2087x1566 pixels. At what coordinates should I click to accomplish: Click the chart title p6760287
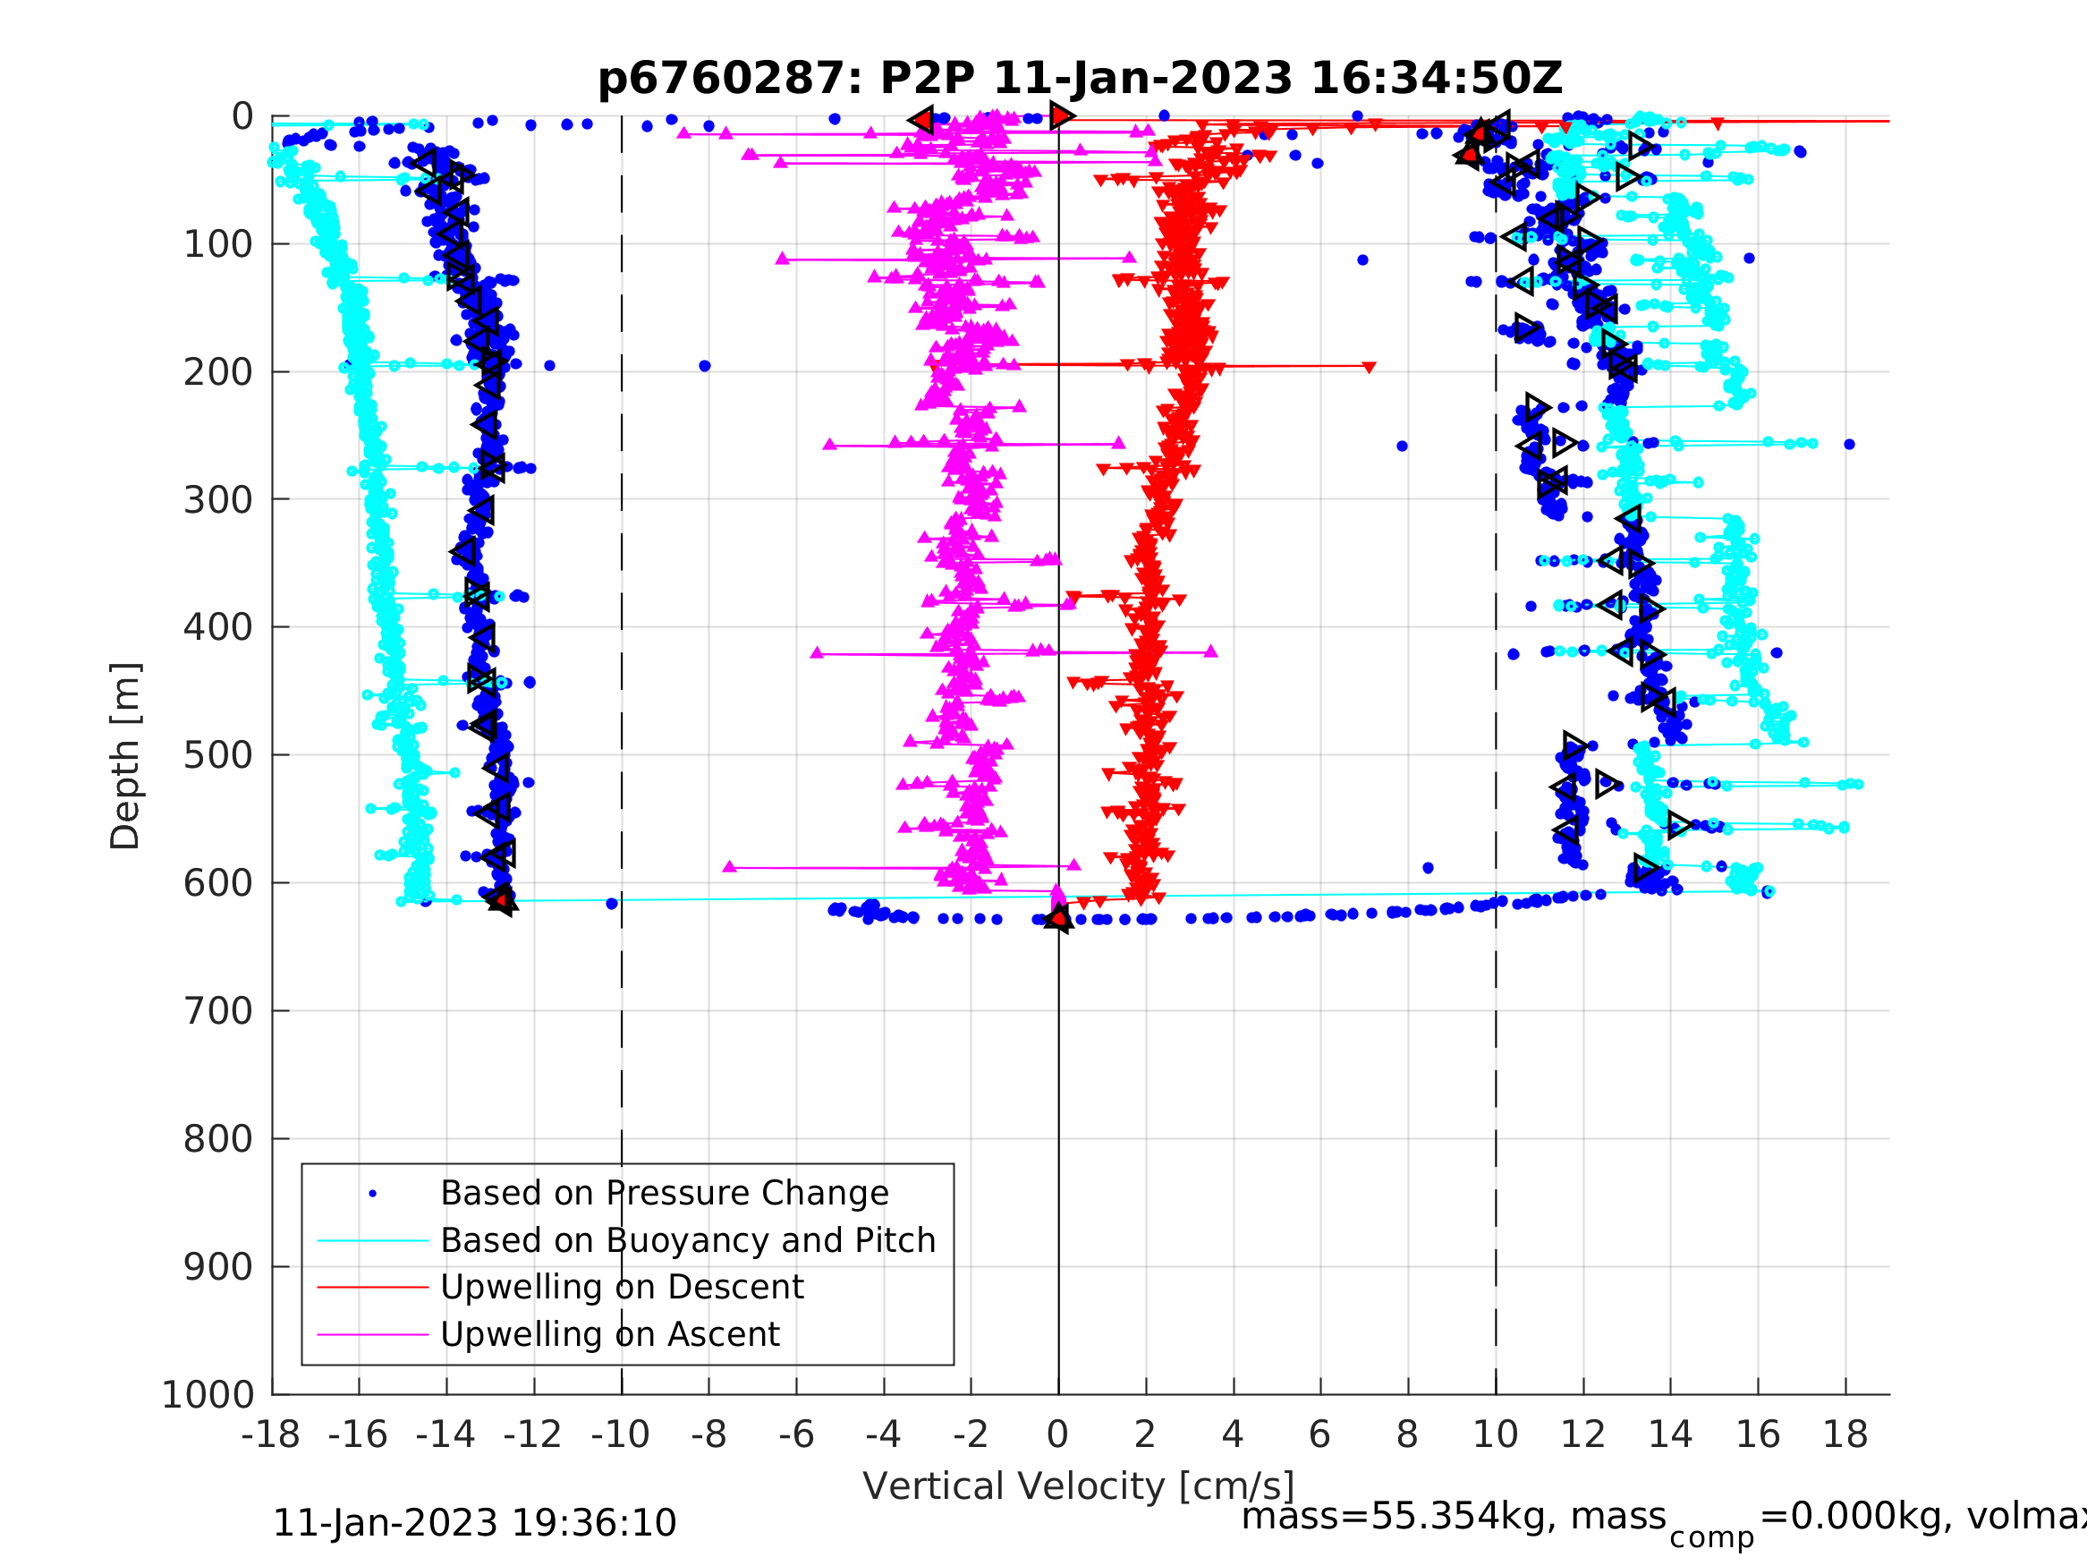tap(1081, 79)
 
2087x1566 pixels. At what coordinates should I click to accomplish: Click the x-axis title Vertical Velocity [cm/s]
tap(1079, 1485)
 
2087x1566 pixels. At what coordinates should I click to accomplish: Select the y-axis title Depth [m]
tap(124, 755)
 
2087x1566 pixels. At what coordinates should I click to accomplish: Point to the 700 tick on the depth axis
tap(218, 1011)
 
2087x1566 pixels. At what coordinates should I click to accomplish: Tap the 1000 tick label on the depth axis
tap(208, 1395)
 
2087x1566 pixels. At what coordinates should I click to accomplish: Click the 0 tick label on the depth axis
tap(242, 117)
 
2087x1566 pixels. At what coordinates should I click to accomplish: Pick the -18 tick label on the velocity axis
tap(271, 1435)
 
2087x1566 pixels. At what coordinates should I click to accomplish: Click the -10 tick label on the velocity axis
tap(620, 1435)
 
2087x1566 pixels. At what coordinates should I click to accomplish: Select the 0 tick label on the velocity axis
tap(1057, 1435)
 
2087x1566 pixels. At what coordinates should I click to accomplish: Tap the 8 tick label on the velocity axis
tap(1408, 1435)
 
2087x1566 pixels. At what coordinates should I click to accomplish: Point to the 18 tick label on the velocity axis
tap(1845, 1435)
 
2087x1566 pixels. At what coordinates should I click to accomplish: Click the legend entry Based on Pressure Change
tap(665, 1193)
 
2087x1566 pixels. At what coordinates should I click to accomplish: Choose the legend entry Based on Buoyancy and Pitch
tap(688, 1240)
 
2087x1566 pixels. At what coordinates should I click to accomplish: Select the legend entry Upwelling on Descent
tap(622, 1287)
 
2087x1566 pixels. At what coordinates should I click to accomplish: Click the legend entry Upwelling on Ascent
tap(609, 1334)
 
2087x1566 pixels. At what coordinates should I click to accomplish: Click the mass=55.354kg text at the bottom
tap(1453, 1516)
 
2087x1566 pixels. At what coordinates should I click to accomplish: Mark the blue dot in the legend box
tap(373, 1194)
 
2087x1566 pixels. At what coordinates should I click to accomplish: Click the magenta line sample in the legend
tap(373, 1335)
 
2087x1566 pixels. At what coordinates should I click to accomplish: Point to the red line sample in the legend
tap(373, 1288)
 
